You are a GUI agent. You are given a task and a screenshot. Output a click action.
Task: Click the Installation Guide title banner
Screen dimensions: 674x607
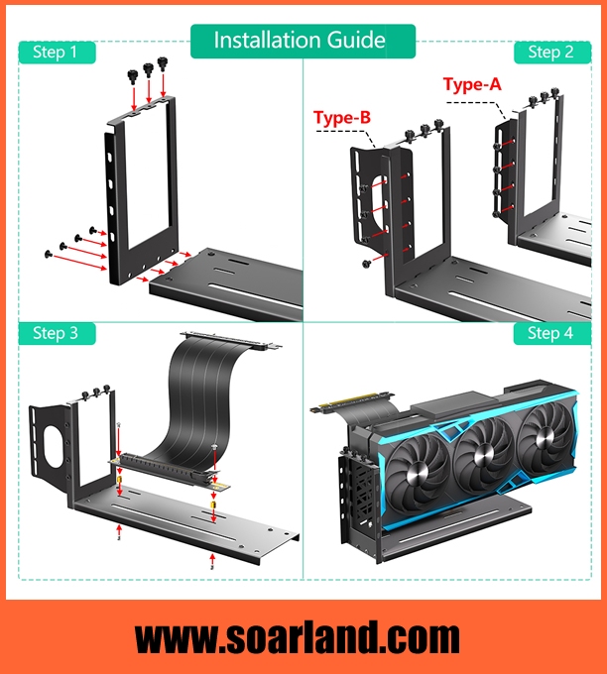click(300, 41)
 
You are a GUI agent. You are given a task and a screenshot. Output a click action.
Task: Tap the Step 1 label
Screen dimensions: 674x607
click(56, 52)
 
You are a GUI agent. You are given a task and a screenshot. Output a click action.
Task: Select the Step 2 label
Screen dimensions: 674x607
click(550, 52)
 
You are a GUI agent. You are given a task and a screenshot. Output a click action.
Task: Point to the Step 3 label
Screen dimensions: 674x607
click(56, 333)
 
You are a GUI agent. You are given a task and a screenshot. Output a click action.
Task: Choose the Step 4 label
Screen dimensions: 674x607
click(550, 333)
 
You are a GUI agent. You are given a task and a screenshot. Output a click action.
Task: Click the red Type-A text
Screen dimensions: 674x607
click(471, 84)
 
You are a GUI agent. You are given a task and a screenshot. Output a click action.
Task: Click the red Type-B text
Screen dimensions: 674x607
click(342, 119)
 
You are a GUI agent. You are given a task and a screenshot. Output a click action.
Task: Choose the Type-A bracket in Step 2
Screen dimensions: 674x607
click(502, 168)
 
